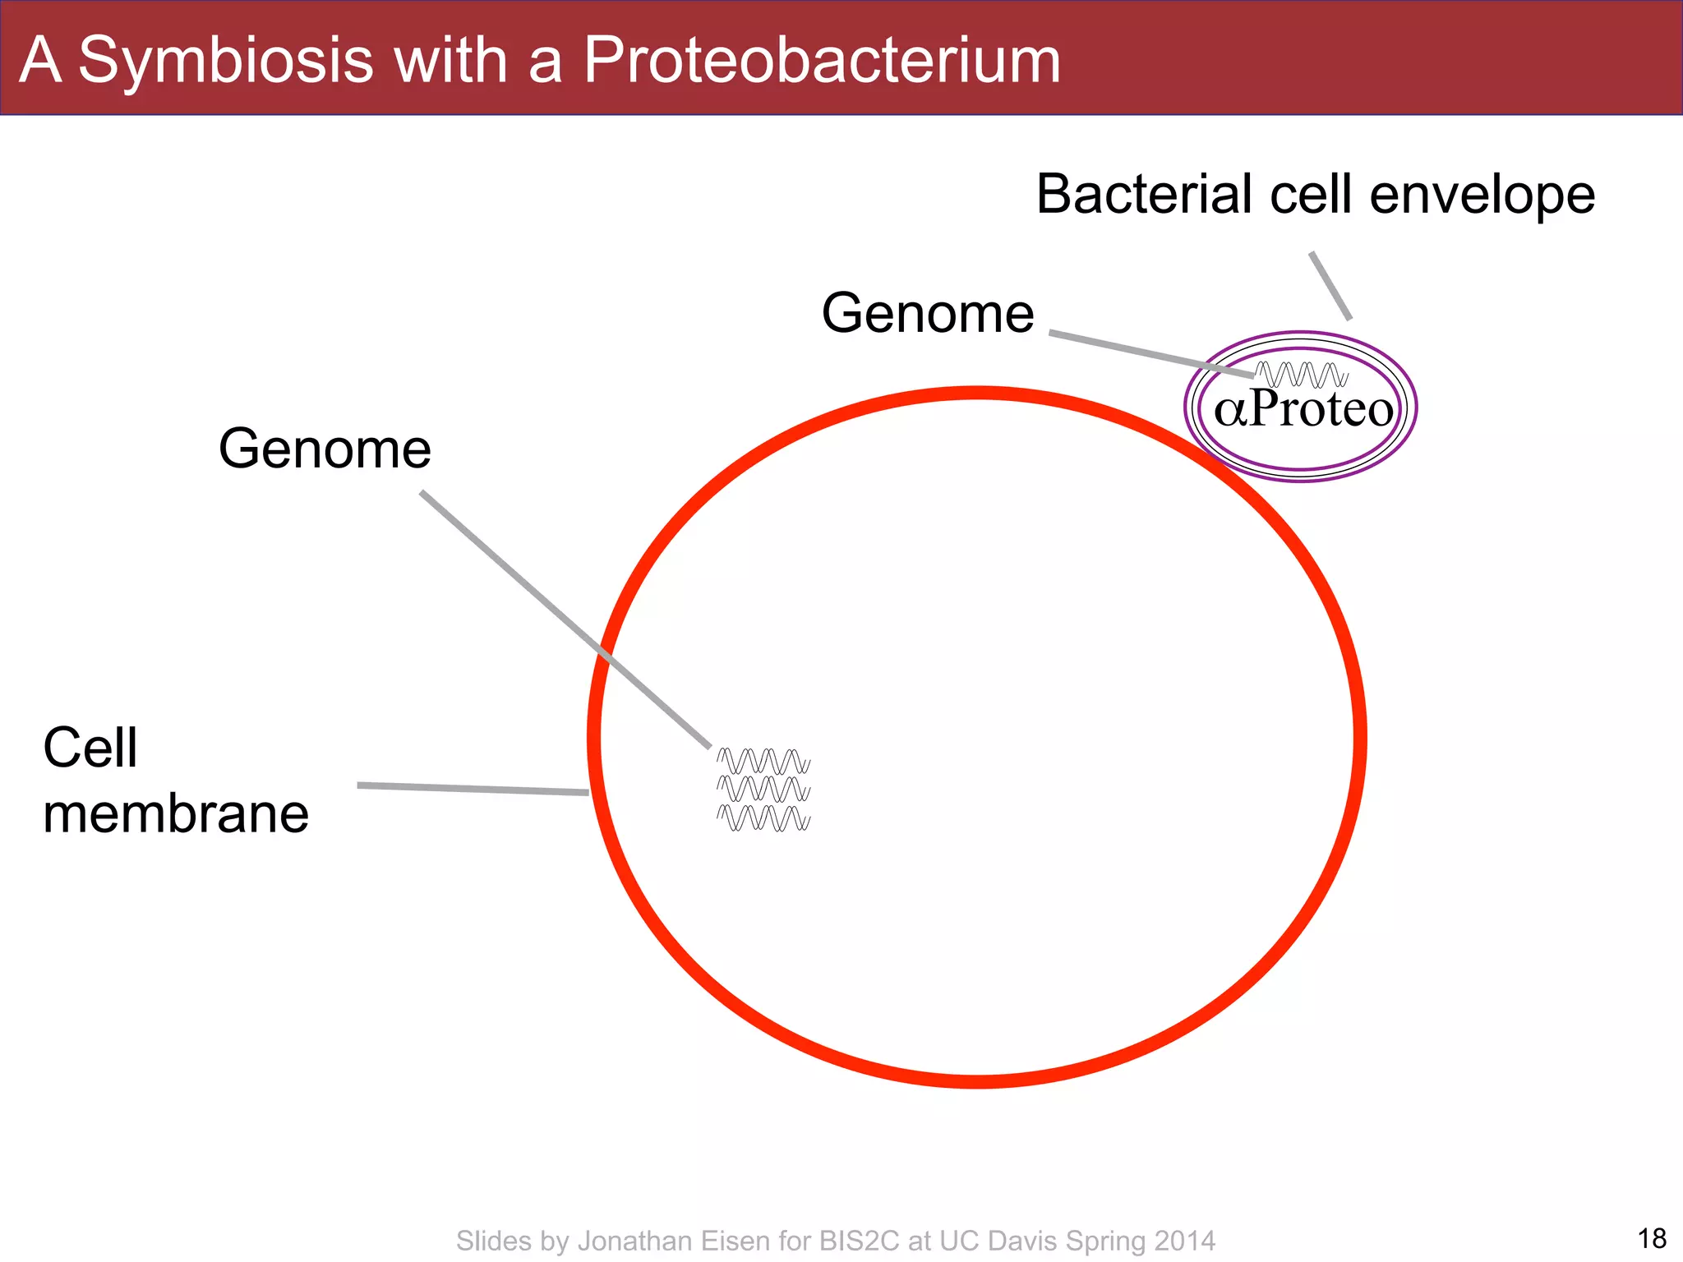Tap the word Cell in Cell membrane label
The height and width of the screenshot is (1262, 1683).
pos(90,748)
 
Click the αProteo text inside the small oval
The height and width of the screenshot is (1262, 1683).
pos(1303,409)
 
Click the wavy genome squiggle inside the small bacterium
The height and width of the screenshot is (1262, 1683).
pos(1303,375)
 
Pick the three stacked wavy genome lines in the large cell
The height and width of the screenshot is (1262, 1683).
pos(763,790)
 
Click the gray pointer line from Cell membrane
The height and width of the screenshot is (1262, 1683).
pos(473,789)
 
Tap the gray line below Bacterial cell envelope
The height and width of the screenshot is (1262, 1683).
pos(1330,285)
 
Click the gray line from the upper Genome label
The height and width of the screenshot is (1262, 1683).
pos(1150,353)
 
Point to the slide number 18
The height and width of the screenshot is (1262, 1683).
pos(1651,1238)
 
